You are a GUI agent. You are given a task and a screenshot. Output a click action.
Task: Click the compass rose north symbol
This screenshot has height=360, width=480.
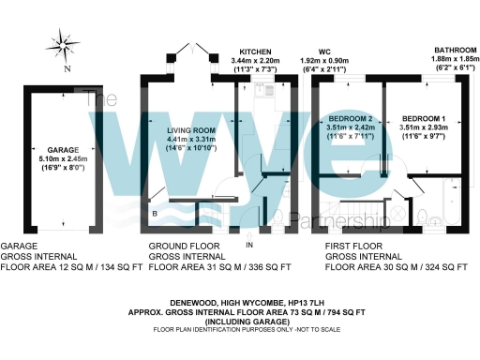click(63, 43)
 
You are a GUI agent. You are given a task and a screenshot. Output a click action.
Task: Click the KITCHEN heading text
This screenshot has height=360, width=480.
click(256, 51)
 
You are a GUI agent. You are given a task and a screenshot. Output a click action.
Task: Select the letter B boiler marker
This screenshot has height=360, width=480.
click(154, 214)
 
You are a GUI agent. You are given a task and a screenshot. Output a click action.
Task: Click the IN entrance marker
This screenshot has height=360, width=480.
click(250, 245)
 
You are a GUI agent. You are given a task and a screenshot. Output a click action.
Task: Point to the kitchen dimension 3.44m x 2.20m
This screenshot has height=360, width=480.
click(256, 60)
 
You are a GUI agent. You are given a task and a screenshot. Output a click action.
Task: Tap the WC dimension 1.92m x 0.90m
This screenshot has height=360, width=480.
click(324, 60)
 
